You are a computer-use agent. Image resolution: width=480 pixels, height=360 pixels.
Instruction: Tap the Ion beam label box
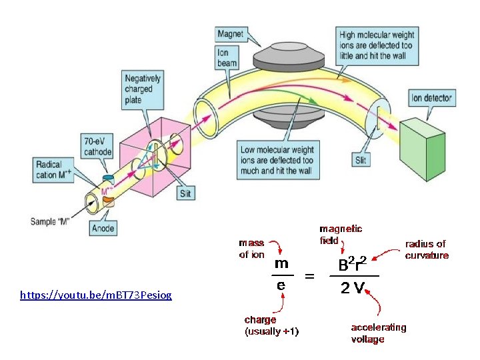click(227, 58)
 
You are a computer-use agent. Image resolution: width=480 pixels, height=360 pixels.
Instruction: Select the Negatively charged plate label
click(143, 89)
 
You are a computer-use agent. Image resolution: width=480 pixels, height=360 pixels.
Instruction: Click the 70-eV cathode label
click(98, 145)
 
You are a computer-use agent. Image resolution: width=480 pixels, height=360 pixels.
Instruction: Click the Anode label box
click(103, 228)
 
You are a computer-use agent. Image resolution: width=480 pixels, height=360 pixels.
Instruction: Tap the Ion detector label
click(431, 99)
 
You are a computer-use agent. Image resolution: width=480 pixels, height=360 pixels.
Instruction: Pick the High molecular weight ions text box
click(377, 45)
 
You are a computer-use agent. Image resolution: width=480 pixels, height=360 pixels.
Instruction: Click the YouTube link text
click(95, 294)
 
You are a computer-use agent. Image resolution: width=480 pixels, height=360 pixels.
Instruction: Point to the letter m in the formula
click(281, 263)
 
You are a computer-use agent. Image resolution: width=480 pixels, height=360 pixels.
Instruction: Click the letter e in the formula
click(281, 285)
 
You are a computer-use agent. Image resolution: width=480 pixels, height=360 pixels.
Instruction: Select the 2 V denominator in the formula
click(353, 288)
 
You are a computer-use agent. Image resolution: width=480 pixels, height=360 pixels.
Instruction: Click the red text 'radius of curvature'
click(427, 249)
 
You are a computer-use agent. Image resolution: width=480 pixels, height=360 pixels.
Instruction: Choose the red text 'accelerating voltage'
click(378, 333)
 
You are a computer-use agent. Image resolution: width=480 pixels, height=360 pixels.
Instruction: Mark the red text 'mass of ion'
click(251, 249)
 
